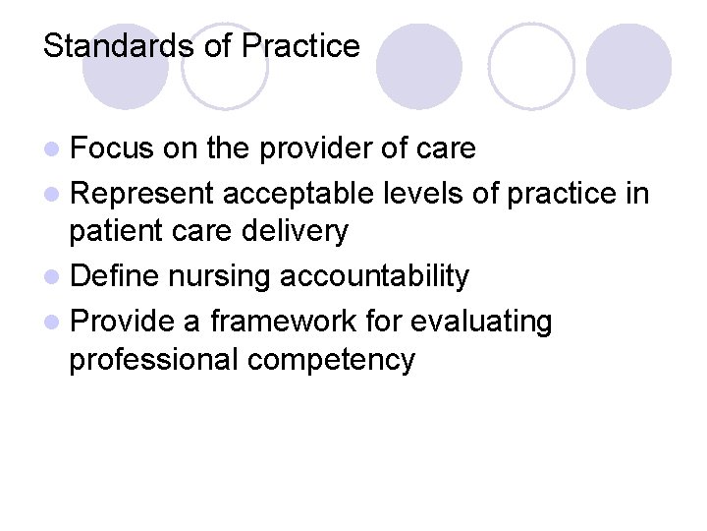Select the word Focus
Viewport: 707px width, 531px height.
(111, 148)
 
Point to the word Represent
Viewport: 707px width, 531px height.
(142, 195)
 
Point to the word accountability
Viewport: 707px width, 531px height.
(374, 277)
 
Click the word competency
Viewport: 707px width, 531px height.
(332, 360)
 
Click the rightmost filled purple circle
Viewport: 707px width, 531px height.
(628, 66)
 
